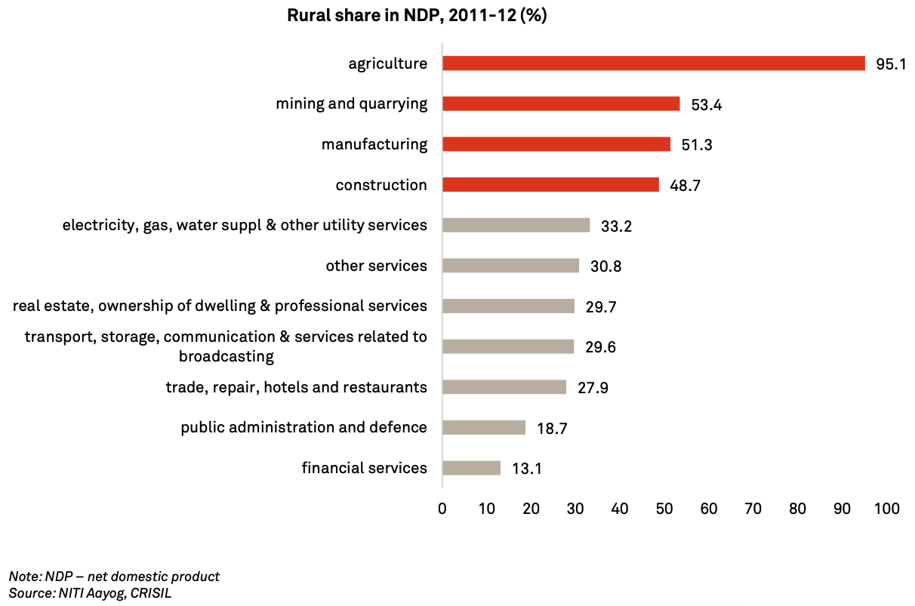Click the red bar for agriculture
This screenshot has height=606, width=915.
pyautogui.click(x=653, y=63)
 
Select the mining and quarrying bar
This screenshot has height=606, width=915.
pyautogui.click(x=561, y=104)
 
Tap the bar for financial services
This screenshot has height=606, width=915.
pyautogui.click(x=471, y=468)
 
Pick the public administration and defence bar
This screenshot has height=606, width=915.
pyautogui.click(x=483, y=428)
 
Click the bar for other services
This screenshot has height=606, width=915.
pyautogui.click(x=510, y=266)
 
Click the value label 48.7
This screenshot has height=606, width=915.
pyautogui.click(x=685, y=186)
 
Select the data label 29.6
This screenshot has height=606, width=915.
pyautogui.click(x=600, y=347)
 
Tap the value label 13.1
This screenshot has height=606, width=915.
pyautogui.click(x=527, y=469)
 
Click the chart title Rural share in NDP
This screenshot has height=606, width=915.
pyautogui.click(x=417, y=16)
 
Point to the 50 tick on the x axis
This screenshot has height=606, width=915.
pyautogui.click(x=664, y=509)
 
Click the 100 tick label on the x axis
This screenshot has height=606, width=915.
pyautogui.click(x=887, y=509)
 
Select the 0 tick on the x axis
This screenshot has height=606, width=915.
pyautogui.click(x=442, y=509)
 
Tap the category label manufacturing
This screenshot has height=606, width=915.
pyautogui.click(x=374, y=144)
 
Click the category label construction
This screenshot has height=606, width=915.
pyautogui.click(x=381, y=185)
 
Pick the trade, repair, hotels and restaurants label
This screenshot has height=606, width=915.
pyautogui.click(x=297, y=387)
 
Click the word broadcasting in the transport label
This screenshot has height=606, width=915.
pyautogui.click(x=226, y=356)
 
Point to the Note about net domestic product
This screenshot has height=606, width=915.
pyautogui.click(x=114, y=577)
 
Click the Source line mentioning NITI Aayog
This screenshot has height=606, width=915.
pyautogui.click(x=91, y=593)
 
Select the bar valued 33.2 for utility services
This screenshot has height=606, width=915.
pyautogui.click(x=516, y=225)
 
